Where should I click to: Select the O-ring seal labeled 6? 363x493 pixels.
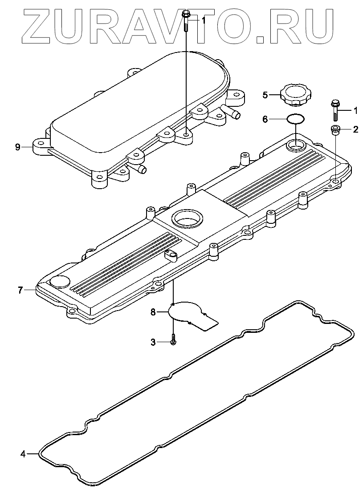(x=295, y=119)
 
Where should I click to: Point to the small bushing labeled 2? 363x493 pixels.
(x=334, y=130)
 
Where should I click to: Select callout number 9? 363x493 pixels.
(x=17, y=147)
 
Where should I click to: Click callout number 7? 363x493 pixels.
(x=20, y=290)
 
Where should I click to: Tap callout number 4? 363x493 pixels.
(x=23, y=454)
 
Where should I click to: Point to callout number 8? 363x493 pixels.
(x=153, y=312)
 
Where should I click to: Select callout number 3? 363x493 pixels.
(x=153, y=342)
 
